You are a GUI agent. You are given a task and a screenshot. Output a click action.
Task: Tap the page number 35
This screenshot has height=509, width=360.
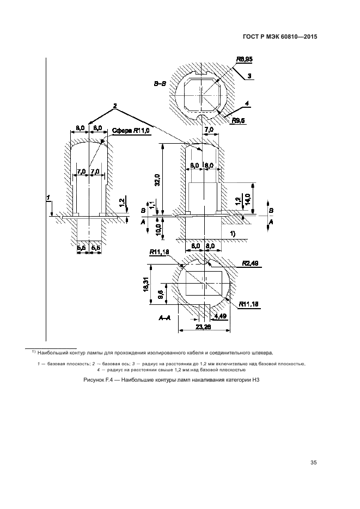point(313,463)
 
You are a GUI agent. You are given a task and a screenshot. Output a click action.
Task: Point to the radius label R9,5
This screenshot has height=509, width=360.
point(239,120)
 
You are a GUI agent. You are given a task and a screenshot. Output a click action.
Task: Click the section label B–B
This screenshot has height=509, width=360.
point(161,84)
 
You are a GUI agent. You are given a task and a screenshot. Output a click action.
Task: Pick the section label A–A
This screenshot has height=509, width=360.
point(165,317)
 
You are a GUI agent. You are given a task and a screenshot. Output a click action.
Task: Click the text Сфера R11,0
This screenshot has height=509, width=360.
point(131,131)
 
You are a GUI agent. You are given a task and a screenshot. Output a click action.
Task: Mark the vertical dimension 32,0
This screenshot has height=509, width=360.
point(157,180)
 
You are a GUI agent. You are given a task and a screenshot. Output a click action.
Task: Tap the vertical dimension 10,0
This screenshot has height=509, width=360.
point(158,229)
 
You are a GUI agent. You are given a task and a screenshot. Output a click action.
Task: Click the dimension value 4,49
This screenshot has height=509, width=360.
point(221,316)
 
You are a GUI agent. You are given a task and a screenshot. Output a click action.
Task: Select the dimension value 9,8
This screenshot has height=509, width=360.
point(160,295)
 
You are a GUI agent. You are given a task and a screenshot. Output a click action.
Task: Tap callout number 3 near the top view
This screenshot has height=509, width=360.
point(249,76)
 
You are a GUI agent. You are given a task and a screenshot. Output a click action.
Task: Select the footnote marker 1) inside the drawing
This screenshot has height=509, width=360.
point(231,234)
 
